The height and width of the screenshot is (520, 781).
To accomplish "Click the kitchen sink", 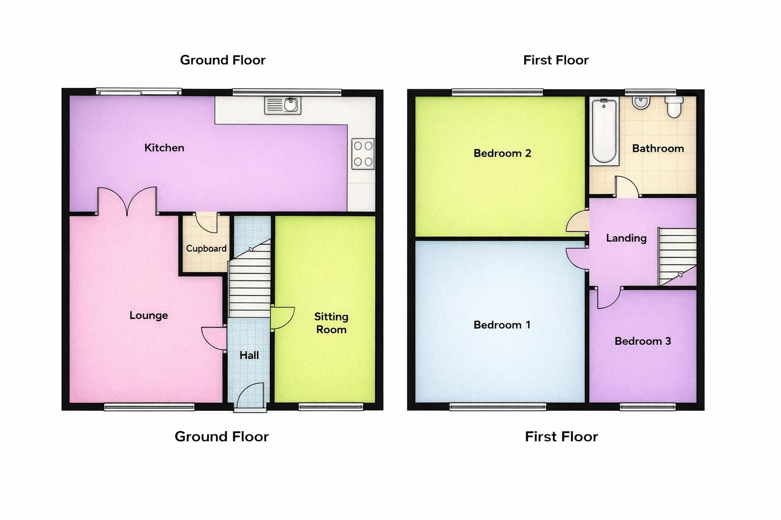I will click(x=283, y=105).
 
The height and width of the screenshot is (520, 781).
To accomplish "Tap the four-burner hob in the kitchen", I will click(x=363, y=154).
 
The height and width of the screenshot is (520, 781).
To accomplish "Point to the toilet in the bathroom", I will click(x=674, y=107).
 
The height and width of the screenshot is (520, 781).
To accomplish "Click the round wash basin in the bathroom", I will click(x=640, y=102).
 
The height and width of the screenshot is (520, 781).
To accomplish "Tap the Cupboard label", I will click(x=206, y=248).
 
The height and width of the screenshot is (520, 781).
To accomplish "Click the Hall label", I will click(x=249, y=355).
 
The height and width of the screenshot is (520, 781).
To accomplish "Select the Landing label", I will click(x=626, y=238).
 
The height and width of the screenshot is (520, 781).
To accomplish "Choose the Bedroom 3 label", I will click(x=643, y=341).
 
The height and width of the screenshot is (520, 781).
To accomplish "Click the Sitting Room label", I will click(x=331, y=323).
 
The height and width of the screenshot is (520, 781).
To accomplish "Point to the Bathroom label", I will click(x=657, y=148).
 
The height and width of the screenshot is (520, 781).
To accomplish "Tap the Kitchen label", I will click(x=164, y=148).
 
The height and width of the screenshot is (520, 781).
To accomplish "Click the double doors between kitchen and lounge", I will click(x=127, y=201).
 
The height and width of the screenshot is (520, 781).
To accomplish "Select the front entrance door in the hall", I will click(x=251, y=396).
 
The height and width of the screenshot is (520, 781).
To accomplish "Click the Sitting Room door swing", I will click(x=282, y=318).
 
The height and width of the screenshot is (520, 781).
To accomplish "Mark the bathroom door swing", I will click(x=626, y=187).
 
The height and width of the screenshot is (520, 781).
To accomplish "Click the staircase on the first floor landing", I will click(x=677, y=256).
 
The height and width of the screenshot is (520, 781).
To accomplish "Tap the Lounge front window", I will click(x=149, y=406).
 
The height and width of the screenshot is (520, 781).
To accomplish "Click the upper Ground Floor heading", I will click(x=223, y=60).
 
